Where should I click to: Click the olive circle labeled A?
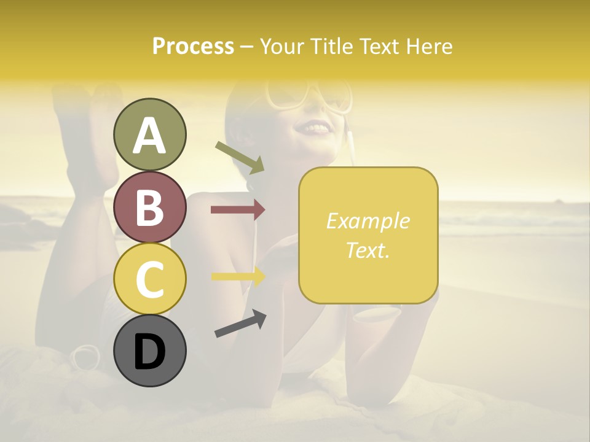[x=149, y=134]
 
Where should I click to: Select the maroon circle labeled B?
[x=149, y=207]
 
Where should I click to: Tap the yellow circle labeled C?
[x=149, y=279]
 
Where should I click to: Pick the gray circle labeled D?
[x=149, y=351]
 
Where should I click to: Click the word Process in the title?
[x=193, y=46]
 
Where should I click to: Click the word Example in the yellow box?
[x=368, y=221]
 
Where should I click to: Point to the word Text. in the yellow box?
[x=368, y=250]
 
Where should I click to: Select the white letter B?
[x=149, y=207]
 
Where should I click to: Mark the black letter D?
[x=149, y=352]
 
